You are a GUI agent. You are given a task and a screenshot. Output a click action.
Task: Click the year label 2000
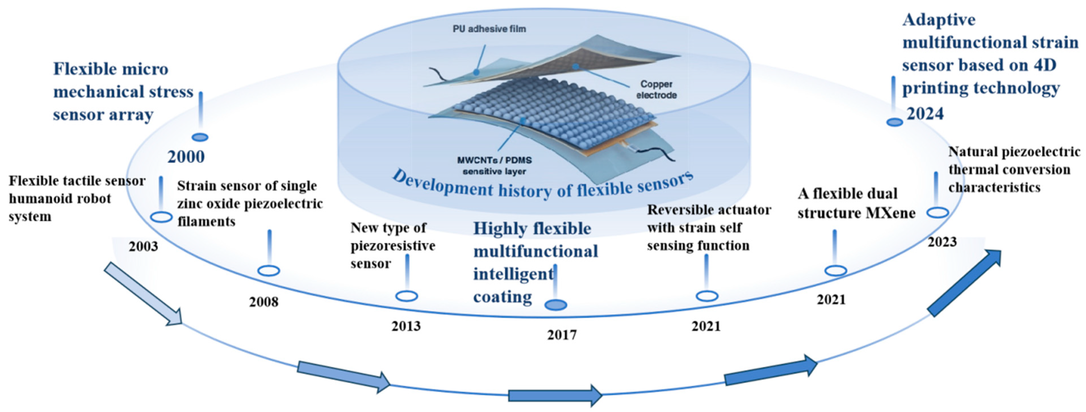coord(186,157)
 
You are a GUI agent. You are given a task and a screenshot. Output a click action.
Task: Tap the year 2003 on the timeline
coord(143,246)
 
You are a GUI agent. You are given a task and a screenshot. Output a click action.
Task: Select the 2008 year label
coord(263,302)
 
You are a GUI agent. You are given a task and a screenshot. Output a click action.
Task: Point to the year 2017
coord(561,335)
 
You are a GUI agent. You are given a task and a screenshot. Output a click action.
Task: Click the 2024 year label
coord(925,114)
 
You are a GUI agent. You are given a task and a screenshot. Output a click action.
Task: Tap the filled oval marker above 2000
coord(200,137)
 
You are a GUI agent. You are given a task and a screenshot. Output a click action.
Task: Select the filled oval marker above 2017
coord(556,305)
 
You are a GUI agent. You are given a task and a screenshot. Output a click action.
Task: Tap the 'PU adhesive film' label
coord(489,29)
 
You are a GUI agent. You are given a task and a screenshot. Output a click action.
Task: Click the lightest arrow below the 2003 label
coord(143,294)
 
